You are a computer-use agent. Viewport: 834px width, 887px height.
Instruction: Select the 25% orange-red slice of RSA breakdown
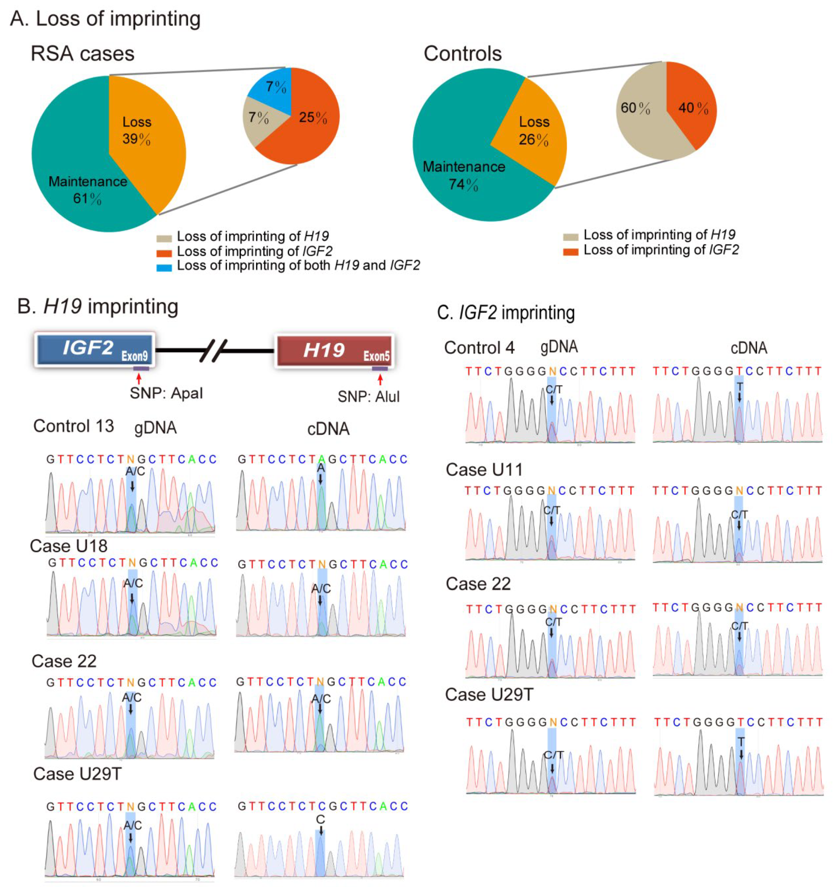[308, 123]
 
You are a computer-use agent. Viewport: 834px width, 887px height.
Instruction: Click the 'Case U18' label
[69, 546]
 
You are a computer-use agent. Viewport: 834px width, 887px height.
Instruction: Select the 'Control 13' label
[74, 426]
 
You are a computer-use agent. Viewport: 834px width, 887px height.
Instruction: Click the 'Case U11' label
[484, 470]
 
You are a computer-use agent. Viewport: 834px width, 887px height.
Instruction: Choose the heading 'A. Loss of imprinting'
[105, 19]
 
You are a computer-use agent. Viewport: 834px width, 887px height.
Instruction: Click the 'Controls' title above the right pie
[463, 54]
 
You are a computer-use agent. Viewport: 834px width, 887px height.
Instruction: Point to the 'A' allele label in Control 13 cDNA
[321, 468]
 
